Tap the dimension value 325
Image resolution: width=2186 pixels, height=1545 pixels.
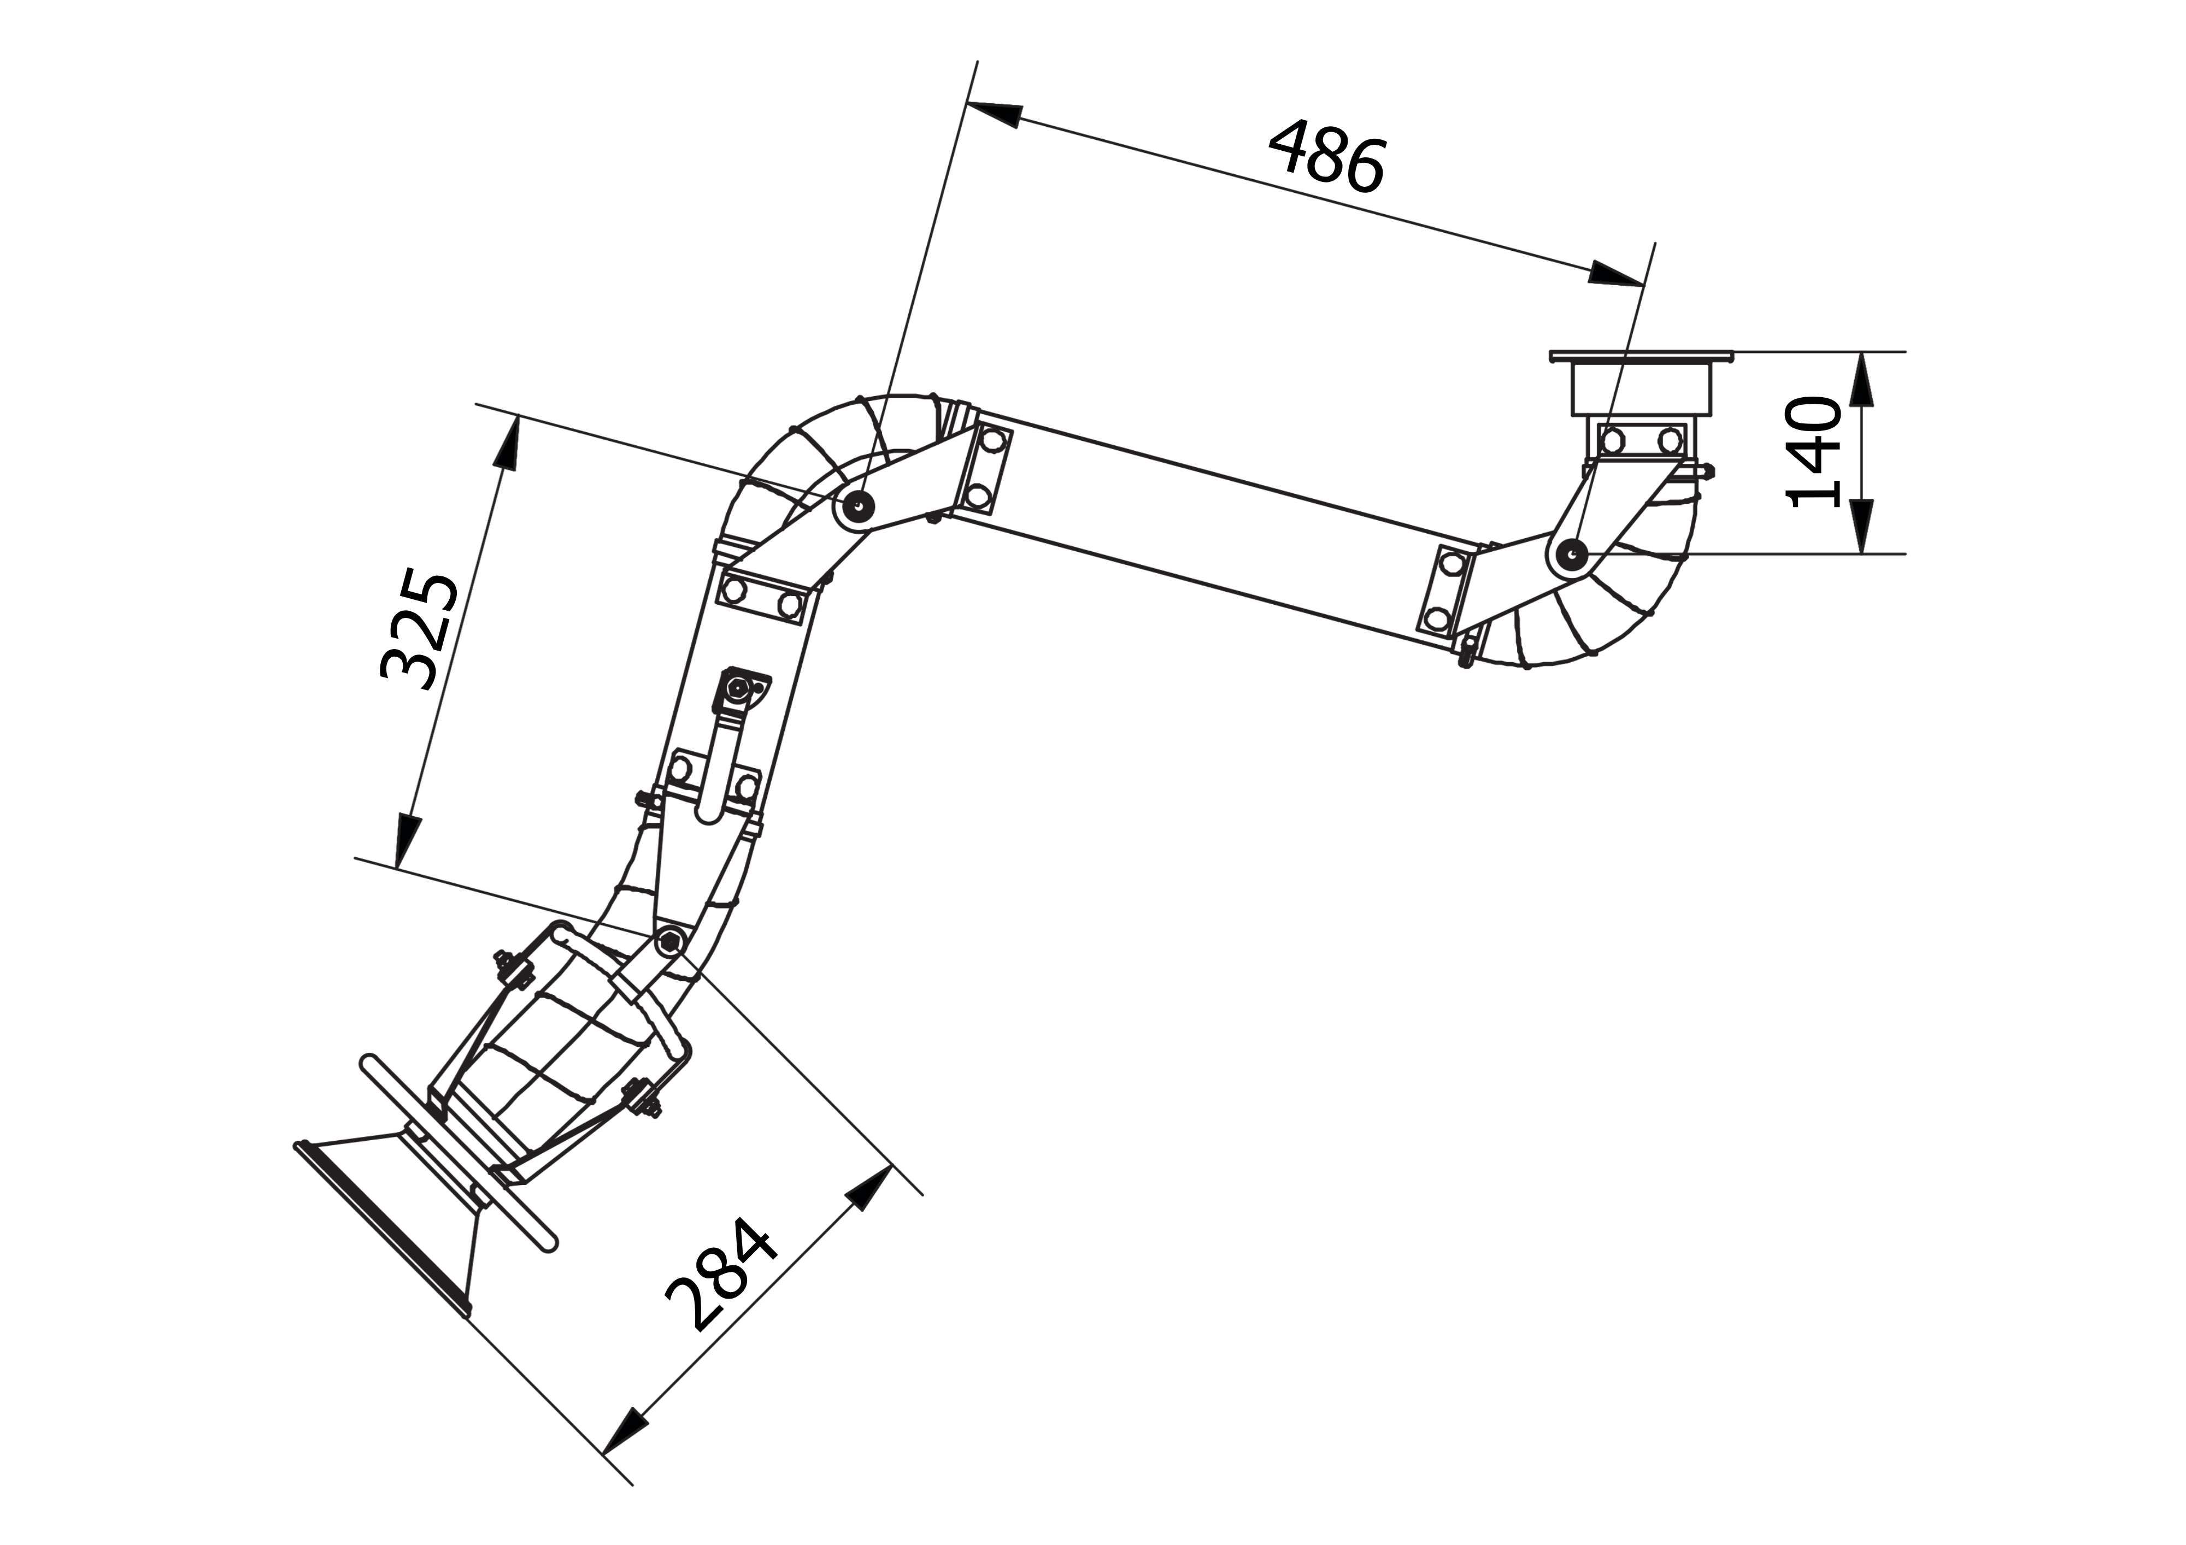tap(420, 630)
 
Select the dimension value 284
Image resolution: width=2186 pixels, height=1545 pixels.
tap(721, 1276)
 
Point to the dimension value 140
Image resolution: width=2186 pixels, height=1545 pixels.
tap(1814, 452)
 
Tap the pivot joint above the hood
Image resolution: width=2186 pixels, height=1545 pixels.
tap(669, 941)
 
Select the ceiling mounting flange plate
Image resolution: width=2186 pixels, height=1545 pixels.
tap(1641, 357)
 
